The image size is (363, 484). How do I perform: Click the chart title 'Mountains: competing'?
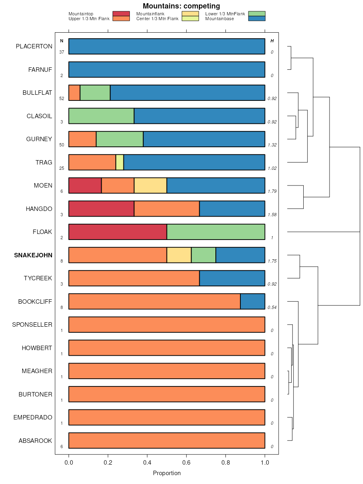181,6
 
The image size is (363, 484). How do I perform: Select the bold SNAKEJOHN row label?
33,255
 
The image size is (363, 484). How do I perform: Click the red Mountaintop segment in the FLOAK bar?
117,232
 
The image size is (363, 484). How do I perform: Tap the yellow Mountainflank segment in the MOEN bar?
150,185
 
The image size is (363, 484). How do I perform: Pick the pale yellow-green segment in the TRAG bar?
119,162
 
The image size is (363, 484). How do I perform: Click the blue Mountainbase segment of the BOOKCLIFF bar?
252,301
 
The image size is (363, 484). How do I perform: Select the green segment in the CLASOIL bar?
101,116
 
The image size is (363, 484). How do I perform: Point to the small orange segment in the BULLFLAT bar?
74,92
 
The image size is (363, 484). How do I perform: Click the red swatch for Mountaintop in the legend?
121,14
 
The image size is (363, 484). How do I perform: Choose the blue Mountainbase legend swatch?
257,19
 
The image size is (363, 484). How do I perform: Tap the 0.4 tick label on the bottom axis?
147,462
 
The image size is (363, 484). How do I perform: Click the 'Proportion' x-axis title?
167,473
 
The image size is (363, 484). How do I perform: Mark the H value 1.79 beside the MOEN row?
272,191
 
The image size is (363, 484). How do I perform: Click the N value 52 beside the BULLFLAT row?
62,98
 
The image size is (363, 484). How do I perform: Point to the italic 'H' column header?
272,41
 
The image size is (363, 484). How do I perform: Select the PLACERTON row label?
34,46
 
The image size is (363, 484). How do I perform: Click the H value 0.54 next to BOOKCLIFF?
272,307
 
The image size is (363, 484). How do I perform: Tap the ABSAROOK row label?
35,441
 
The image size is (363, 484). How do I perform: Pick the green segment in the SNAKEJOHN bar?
203,255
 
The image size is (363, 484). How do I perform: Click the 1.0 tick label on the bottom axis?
265,462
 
